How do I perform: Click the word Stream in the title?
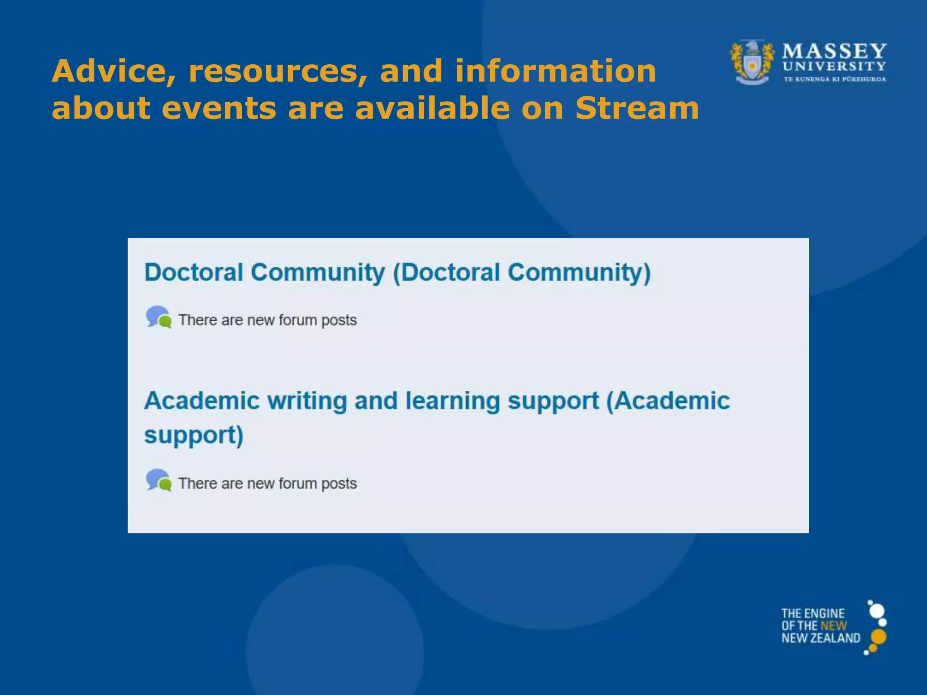pyautogui.click(x=637, y=109)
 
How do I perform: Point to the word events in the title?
pyautogui.click(x=219, y=109)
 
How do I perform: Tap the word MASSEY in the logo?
pyautogui.click(x=834, y=51)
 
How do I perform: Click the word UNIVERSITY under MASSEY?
pyautogui.click(x=834, y=67)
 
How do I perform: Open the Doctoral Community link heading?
pyautogui.click(x=397, y=272)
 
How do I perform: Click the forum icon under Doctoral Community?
pyautogui.click(x=158, y=317)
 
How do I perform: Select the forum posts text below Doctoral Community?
pyautogui.click(x=267, y=320)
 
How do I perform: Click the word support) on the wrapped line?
pyautogui.click(x=194, y=435)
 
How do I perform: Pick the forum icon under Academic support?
pyautogui.click(x=158, y=481)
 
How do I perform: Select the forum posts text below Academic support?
pyautogui.click(x=267, y=483)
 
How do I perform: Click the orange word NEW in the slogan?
pyautogui.click(x=833, y=626)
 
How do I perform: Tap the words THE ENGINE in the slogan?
pyautogui.click(x=812, y=614)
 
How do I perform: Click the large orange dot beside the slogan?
pyautogui.click(x=878, y=637)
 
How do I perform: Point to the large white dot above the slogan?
pyautogui.click(x=877, y=611)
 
